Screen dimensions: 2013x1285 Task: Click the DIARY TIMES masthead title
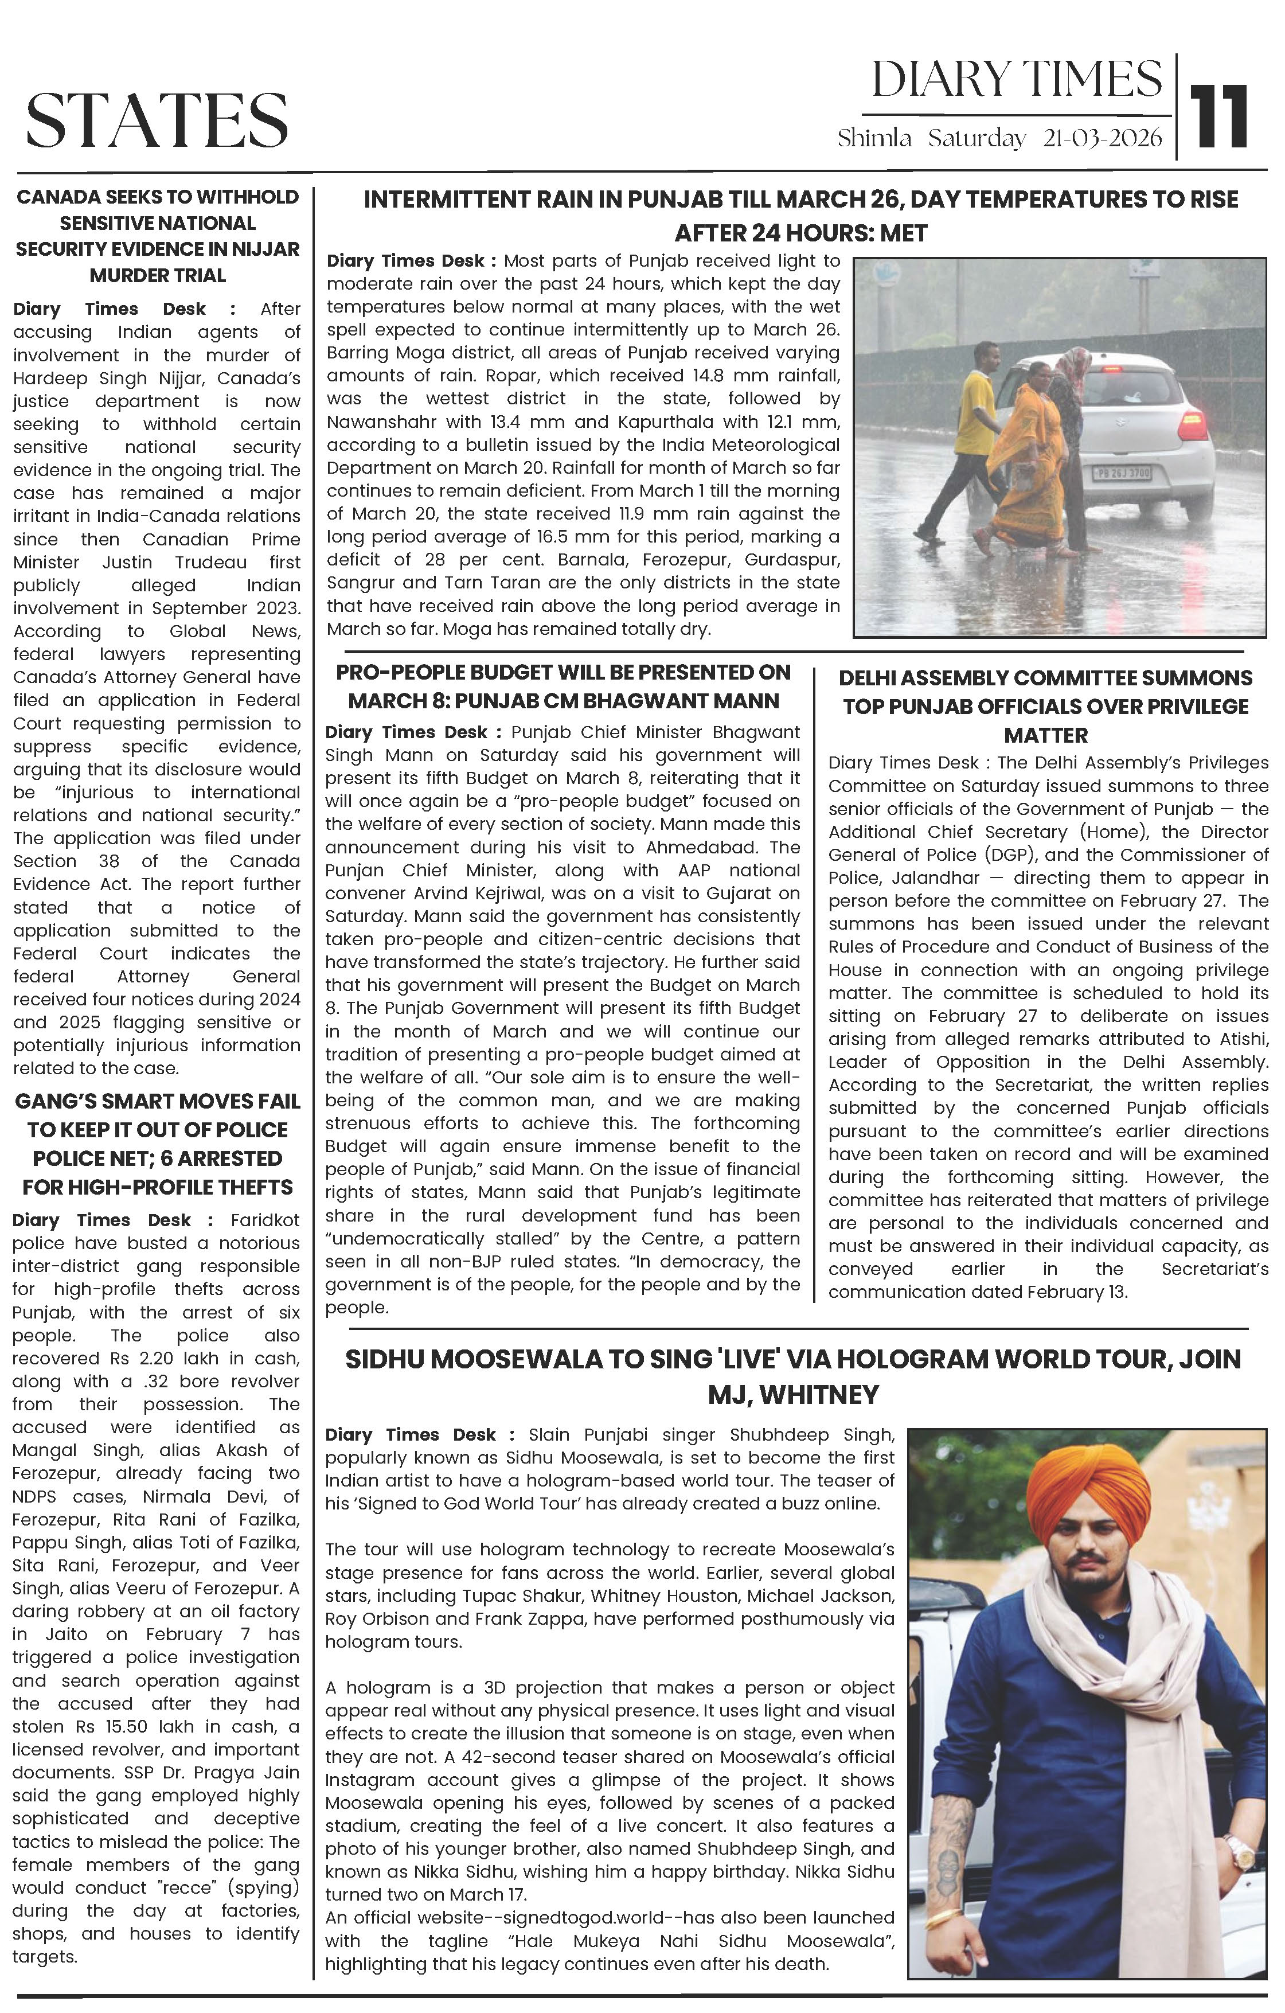pos(1016,80)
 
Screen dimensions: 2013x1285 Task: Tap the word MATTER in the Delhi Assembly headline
pos(1045,736)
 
